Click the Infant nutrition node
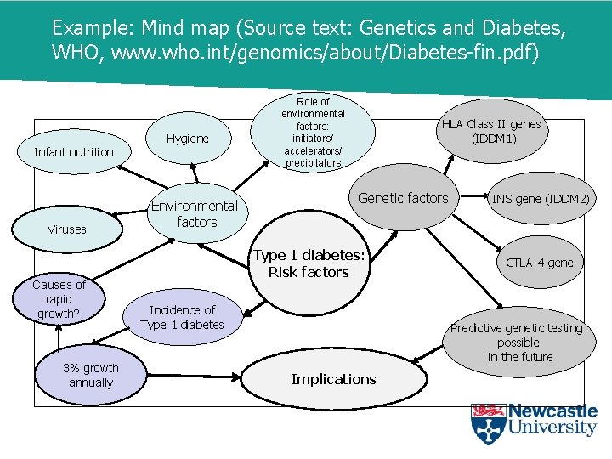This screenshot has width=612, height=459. point(73,152)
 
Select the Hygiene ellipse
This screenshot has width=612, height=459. point(188,139)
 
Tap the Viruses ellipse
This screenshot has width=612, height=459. point(66,229)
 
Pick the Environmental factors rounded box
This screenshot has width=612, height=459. point(195,213)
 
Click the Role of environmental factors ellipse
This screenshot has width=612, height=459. point(313,132)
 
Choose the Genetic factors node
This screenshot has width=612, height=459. point(403,198)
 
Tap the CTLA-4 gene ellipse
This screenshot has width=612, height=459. point(539,262)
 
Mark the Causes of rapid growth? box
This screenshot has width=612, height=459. point(59,299)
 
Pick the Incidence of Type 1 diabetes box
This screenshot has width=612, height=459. point(182,317)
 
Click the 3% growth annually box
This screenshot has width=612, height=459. point(90,375)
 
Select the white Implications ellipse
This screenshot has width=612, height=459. point(333,379)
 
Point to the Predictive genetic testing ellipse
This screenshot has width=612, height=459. point(517,342)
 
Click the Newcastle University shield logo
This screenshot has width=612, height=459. point(488,423)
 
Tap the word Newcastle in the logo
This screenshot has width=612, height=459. point(552,412)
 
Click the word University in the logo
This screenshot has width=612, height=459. point(552,428)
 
